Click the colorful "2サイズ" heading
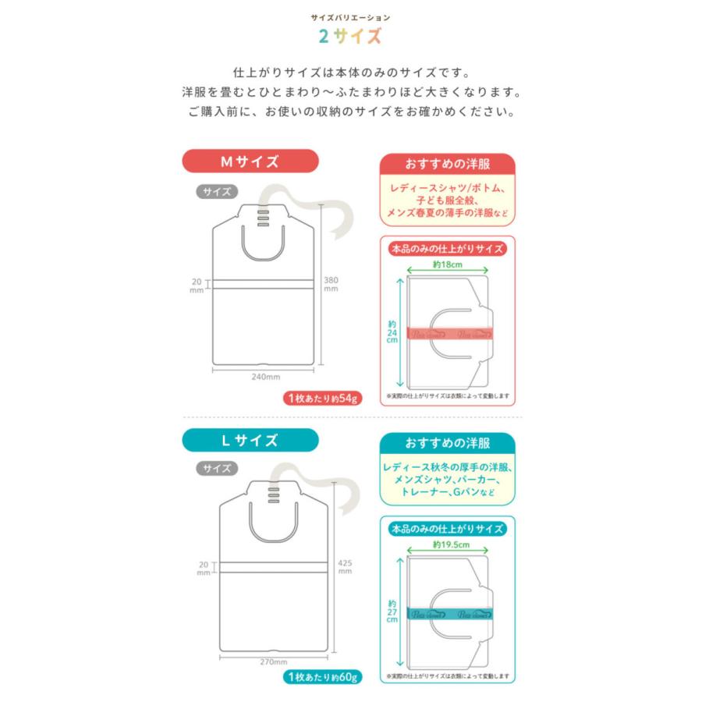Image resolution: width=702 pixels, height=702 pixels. click(x=350, y=36)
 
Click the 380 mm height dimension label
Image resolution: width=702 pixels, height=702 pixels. click(x=331, y=284)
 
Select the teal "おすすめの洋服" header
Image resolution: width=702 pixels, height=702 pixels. click(x=448, y=444)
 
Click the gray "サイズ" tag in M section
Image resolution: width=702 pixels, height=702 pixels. click(x=213, y=190)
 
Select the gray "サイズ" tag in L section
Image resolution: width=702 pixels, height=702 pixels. click(x=213, y=469)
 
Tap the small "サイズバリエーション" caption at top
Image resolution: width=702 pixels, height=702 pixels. click(x=350, y=16)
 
